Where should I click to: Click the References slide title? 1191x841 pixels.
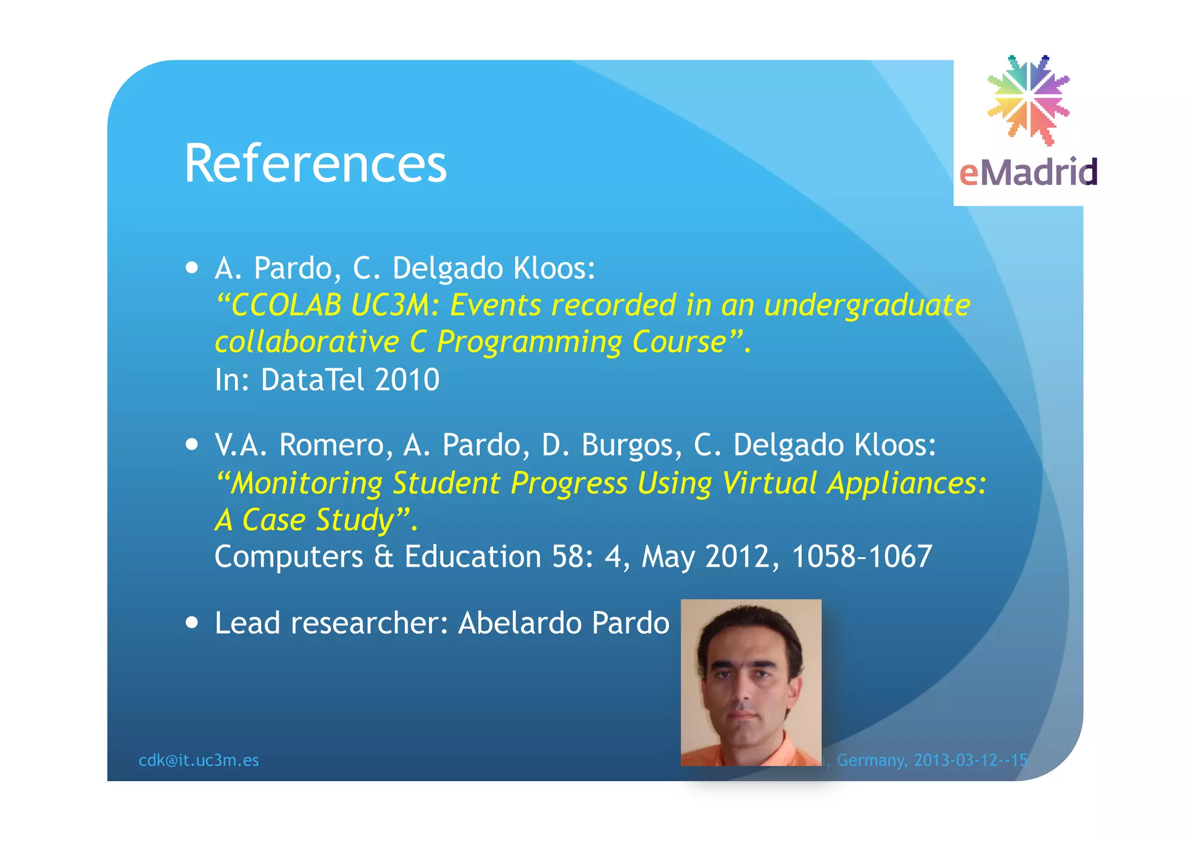(x=315, y=164)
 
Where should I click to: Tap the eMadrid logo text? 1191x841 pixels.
(x=1028, y=172)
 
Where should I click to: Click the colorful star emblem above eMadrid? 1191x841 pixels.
(x=1028, y=99)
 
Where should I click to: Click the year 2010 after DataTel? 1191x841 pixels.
(x=407, y=380)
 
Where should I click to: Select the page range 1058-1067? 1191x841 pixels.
(x=862, y=556)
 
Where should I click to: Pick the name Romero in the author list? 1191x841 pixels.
(x=331, y=445)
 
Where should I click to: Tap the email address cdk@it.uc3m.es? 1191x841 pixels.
(x=199, y=760)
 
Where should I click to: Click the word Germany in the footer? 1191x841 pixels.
(x=871, y=760)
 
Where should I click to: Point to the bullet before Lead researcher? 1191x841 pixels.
(x=192, y=622)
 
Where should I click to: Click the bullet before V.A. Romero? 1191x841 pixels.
(x=192, y=445)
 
